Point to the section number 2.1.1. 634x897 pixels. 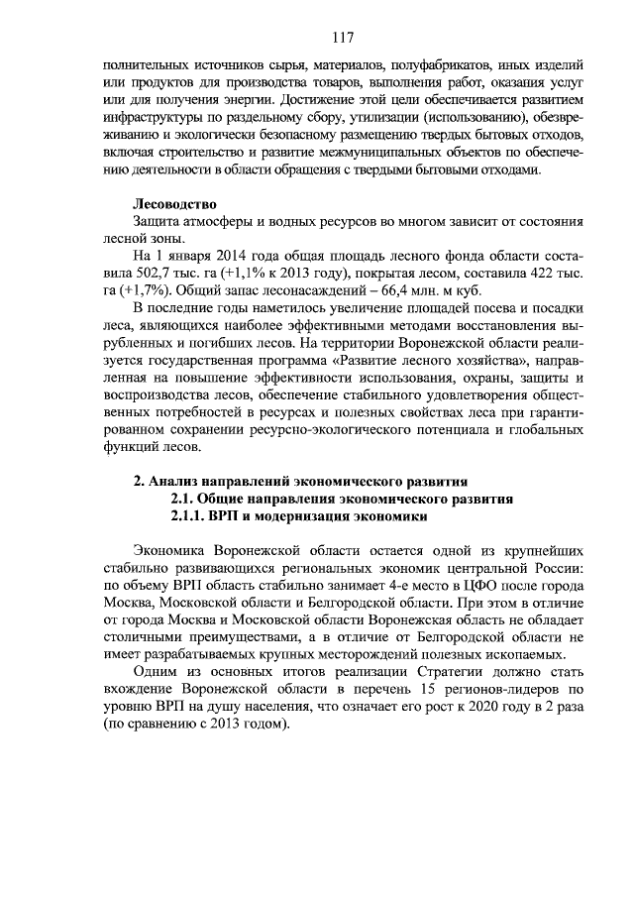coord(190,517)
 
